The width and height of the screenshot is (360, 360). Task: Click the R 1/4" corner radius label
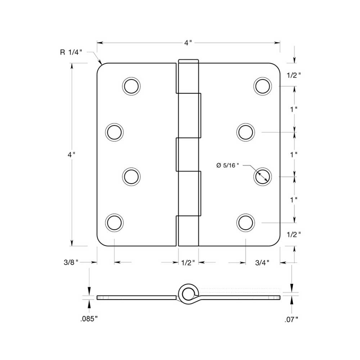pos(71,53)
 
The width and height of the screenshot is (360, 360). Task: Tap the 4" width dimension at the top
pos(188,43)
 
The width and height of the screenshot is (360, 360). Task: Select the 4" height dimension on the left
pos(72,154)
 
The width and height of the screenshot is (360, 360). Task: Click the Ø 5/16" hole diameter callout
pos(228,165)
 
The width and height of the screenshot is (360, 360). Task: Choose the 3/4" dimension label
pos(262,262)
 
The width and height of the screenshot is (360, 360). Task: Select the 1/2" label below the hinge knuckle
pos(188,262)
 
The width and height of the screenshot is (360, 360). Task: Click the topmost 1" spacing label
pos(294,109)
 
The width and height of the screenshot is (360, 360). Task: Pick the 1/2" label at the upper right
pos(294,75)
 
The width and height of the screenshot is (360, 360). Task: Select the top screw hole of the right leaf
pos(262,86)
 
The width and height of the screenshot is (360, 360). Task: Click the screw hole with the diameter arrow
pos(262,177)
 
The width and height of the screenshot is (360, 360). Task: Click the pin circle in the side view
pos(187,294)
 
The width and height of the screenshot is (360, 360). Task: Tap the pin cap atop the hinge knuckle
pos(188,61)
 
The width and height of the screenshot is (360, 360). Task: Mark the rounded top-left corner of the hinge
pos(100,67)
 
